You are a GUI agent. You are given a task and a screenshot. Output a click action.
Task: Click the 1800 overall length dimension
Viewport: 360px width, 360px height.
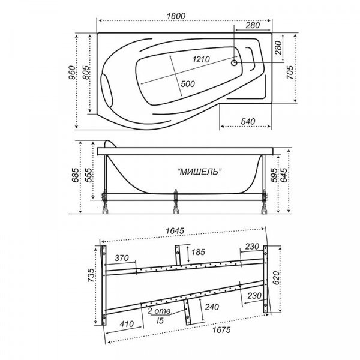point(176,16)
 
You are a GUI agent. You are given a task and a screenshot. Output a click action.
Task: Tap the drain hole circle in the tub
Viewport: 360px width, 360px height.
point(234,62)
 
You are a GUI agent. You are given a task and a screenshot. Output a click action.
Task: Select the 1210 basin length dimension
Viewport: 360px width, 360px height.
point(201,59)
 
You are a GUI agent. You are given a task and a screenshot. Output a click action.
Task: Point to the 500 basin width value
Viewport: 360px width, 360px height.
point(188,84)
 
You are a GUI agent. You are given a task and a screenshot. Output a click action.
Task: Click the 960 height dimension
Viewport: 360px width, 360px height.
point(72,73)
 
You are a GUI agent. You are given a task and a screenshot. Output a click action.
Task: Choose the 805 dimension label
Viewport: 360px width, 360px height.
point(86,73)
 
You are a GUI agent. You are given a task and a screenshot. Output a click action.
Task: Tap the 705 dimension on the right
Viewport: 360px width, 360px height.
point(290,73)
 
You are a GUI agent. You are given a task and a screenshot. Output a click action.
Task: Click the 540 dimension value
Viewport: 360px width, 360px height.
point(248,121)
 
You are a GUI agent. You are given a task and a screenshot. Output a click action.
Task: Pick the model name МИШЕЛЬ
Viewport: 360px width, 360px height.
point(200,171)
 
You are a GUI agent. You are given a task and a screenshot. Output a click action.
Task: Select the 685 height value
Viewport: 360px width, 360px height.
point(76,175)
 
